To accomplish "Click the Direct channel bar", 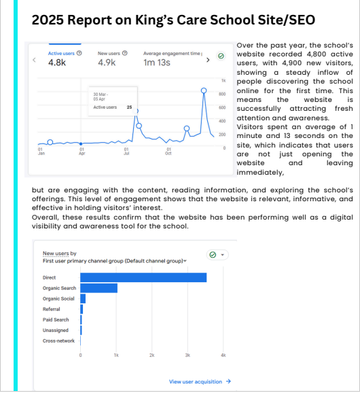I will [143, 277].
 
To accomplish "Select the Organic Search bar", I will [99, 288].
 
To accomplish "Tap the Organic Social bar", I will [83, 298].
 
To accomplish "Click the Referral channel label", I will [51, 309].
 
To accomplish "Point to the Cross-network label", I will [58, 341].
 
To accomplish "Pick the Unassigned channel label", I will [55, 330].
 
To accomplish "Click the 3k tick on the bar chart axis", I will [187, 356].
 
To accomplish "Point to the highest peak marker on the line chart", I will [204, 90].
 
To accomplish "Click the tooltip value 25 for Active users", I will [129, 107].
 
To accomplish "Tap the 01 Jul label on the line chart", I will [126, 153].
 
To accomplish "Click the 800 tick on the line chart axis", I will [222, 95].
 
